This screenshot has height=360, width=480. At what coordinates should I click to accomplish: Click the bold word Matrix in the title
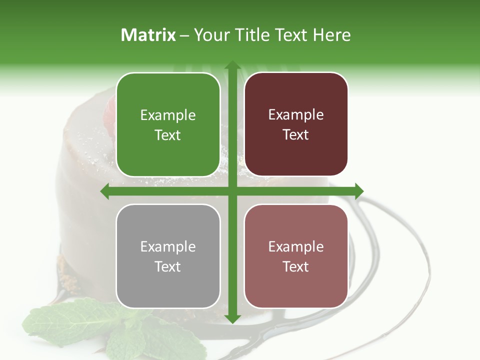pos(148,35)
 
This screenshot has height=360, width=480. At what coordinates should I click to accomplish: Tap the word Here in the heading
pos(331,35)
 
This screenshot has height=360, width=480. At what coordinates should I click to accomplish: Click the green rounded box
pos(168,124)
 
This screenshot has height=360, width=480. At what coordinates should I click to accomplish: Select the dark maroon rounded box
pos(296,124)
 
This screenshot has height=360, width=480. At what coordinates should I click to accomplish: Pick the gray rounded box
pos(168,256)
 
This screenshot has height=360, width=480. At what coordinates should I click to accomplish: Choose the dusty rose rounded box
pos(296,256)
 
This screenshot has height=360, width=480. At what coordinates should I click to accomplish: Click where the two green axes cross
pos(232,191)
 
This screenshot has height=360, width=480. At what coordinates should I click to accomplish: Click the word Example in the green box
pos(168,115)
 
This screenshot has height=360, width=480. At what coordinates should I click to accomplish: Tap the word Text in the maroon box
pos(296,135)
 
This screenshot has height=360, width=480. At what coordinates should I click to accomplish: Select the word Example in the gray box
pos(168,247)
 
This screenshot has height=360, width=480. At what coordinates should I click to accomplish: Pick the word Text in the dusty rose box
pos(296,267)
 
